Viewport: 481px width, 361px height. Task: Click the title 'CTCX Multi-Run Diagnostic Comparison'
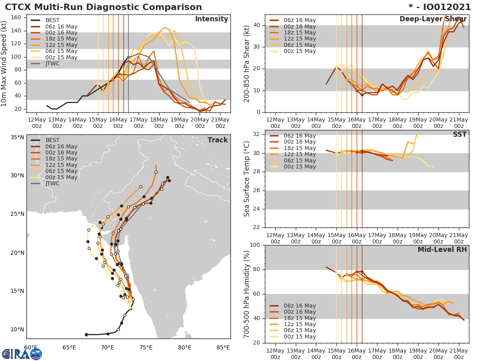pos(103,7)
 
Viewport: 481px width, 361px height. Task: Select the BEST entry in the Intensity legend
pos(53,20)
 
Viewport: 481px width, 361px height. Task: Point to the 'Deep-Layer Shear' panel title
pos(433,19)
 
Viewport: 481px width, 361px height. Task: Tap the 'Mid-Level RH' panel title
pos(442,249)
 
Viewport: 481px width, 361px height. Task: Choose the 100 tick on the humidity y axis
pos(255,245)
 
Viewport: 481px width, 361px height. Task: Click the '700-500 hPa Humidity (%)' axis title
pos(247,294)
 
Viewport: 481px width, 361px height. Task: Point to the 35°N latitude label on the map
pos(17,137)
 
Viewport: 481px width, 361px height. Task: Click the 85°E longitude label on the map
pos(223,347)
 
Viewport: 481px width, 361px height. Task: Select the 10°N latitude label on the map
pos(17,330)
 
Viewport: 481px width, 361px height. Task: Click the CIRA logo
pos(22,354)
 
